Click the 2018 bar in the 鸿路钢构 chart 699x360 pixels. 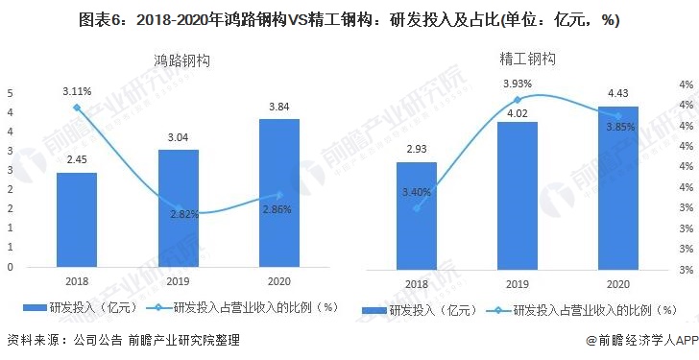pyautogui.click(x=76, y=220)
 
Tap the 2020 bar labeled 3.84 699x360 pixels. pyautogui.click(x=279, y=193)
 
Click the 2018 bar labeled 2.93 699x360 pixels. pyautogui.click(x=416, y=217)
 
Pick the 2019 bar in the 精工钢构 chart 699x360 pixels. pyautogui.click(x=517, y=197)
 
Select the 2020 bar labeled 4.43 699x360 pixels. pyautogui.click(x=617, y=189)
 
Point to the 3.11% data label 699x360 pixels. pyautogui.click(x=77, y=91)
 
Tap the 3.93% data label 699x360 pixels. pyautogui.click(x=517, y=84)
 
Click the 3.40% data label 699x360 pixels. pyautogui.click(x=416, y=192)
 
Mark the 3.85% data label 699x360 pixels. pyautogui.click(x=617, y=127)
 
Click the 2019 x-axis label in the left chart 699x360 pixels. pyautogui.click(x=178, y=281)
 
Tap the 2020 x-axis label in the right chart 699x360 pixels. pyautogui.click(x=617, y=284)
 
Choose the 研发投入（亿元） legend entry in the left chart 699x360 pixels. pyautogui.click(x=83, y=307)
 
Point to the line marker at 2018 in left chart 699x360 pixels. pyautogui.click(x=77, y=108)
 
